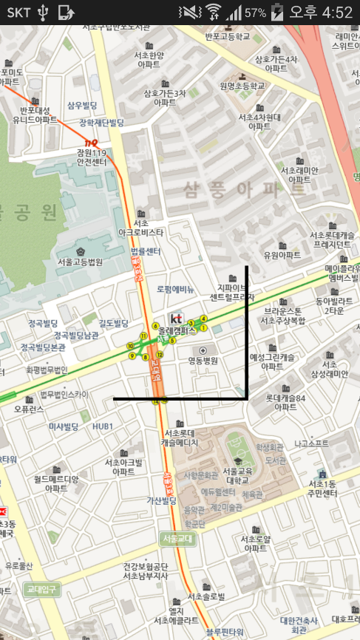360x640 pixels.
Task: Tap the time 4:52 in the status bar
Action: (x=337, y=13)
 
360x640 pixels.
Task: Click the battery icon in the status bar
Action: (x=277, y=13)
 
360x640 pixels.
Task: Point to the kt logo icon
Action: (x=175, y=319)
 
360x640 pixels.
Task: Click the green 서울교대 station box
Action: (x=177, y=539)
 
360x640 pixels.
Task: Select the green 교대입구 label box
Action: (x=41, y=589)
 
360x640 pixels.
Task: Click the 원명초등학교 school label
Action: (x=242, y=86)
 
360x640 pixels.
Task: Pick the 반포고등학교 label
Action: (x=228, y=36)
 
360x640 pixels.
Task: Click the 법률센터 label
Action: (x=146, y=251)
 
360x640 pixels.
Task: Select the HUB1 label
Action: (x=103, y=426)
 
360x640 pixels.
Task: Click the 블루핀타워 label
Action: (x=225, y=632)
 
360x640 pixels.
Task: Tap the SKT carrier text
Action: (x=18, y=13)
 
